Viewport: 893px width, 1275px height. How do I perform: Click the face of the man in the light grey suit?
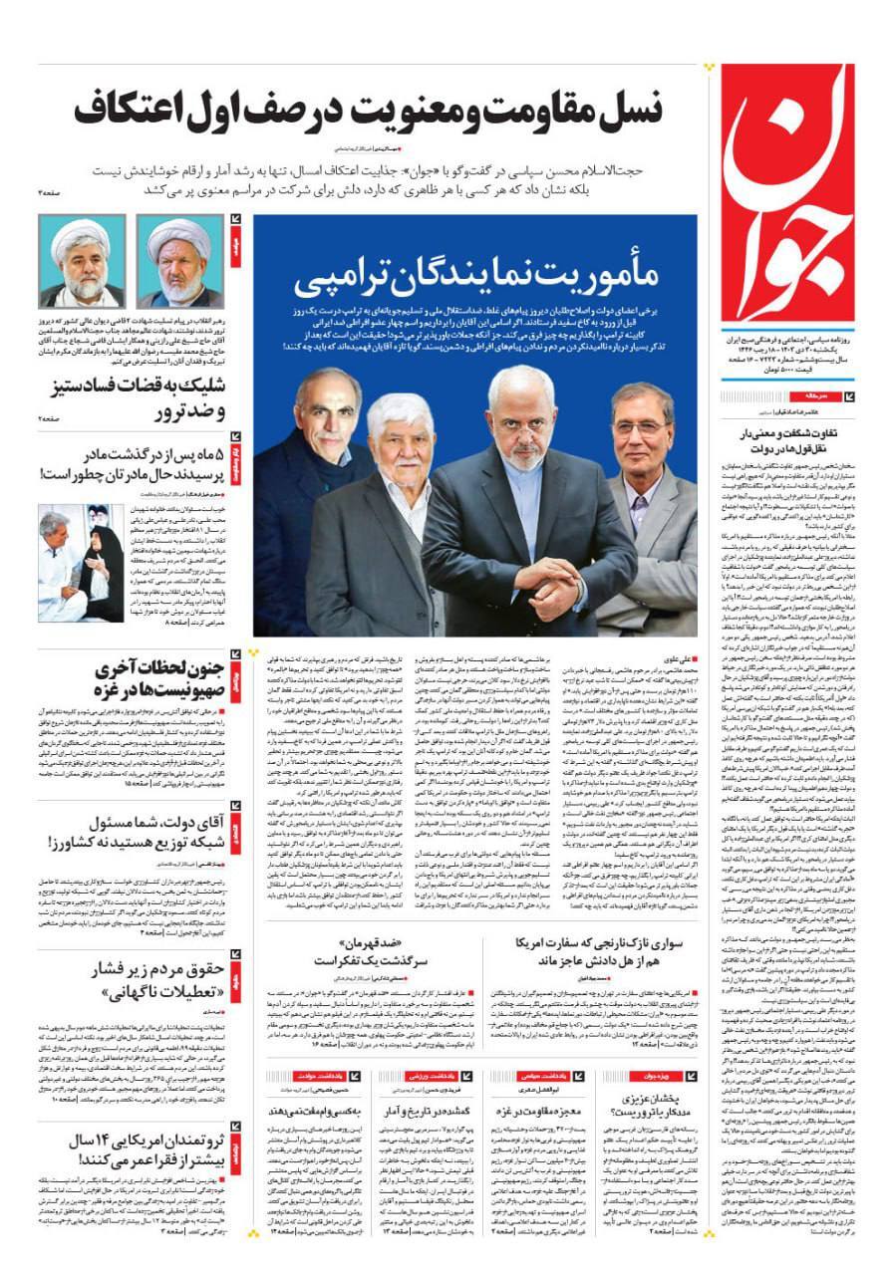tap(641, 419)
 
